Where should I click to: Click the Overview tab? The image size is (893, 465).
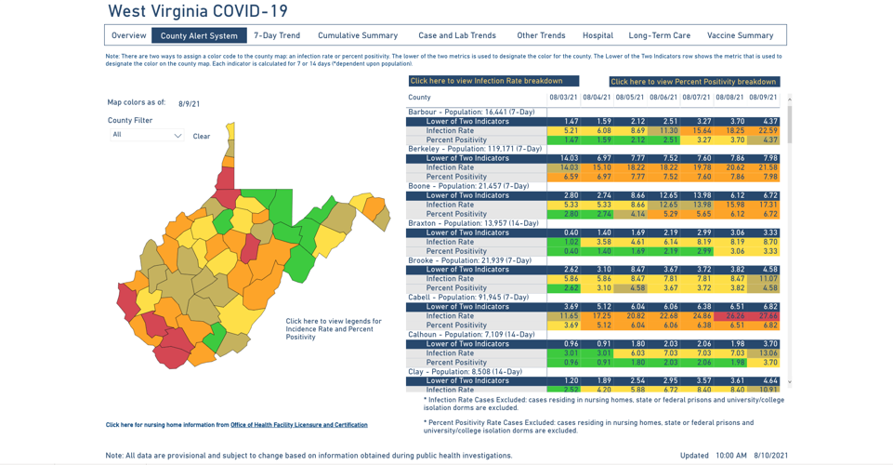129,35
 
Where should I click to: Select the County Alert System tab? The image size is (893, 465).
199,35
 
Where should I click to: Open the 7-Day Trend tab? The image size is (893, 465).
277,35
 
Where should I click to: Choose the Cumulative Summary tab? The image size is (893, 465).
358,35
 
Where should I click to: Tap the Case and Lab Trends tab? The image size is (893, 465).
457,35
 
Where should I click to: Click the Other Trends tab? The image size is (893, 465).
541,35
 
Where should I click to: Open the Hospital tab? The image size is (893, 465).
598,35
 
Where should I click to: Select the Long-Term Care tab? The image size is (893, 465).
660,35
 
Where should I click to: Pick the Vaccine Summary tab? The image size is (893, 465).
740,35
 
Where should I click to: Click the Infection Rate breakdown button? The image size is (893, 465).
492,82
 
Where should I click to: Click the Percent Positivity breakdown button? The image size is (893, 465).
694,82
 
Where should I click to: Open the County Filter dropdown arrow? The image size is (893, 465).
177,136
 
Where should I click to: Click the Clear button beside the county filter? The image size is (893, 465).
202,137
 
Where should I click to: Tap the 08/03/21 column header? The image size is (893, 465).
563,98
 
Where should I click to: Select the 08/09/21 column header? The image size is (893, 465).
763,98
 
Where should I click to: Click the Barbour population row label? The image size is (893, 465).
471,113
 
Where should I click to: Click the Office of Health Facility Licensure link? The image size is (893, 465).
298,425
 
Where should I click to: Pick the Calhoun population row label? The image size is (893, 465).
471,335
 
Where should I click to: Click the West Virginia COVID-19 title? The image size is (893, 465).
198,12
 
